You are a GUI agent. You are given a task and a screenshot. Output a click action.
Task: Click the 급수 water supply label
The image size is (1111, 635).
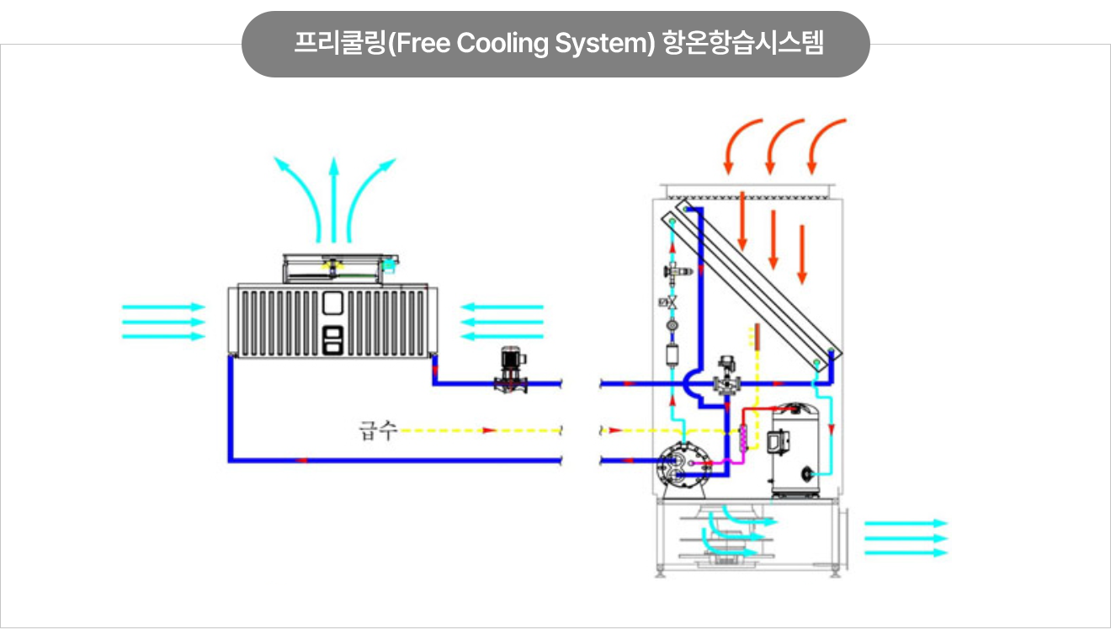point(376,432)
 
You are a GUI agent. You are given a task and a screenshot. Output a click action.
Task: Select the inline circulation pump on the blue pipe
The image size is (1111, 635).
point(509,371)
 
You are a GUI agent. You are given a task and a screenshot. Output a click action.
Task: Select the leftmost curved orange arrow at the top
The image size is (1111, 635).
point(742,144)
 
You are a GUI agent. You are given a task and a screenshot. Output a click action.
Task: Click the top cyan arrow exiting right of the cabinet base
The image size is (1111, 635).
point(906,523)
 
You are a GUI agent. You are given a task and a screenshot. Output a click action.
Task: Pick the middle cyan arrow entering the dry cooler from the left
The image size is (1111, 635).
point(164,322)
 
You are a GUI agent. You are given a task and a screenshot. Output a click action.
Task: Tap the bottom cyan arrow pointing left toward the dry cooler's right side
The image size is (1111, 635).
point(502,336)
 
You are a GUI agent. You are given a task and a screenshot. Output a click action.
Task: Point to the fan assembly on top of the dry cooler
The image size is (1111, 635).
point(334,266)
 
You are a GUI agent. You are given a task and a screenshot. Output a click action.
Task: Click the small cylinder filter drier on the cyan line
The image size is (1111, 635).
point(672,355)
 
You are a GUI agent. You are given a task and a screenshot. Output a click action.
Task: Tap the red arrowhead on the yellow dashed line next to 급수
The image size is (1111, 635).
point(488,430)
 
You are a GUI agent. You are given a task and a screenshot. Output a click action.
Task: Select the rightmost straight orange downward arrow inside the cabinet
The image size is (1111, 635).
point(802,253)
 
